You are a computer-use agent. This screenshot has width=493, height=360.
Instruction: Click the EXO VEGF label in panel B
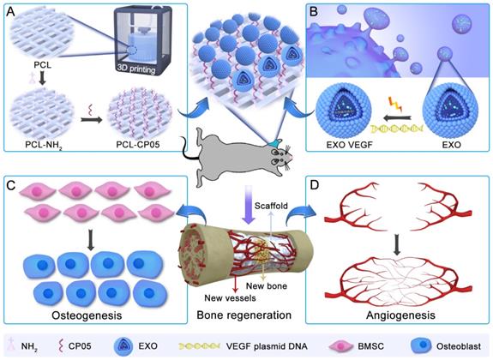(x=346, y=146)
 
